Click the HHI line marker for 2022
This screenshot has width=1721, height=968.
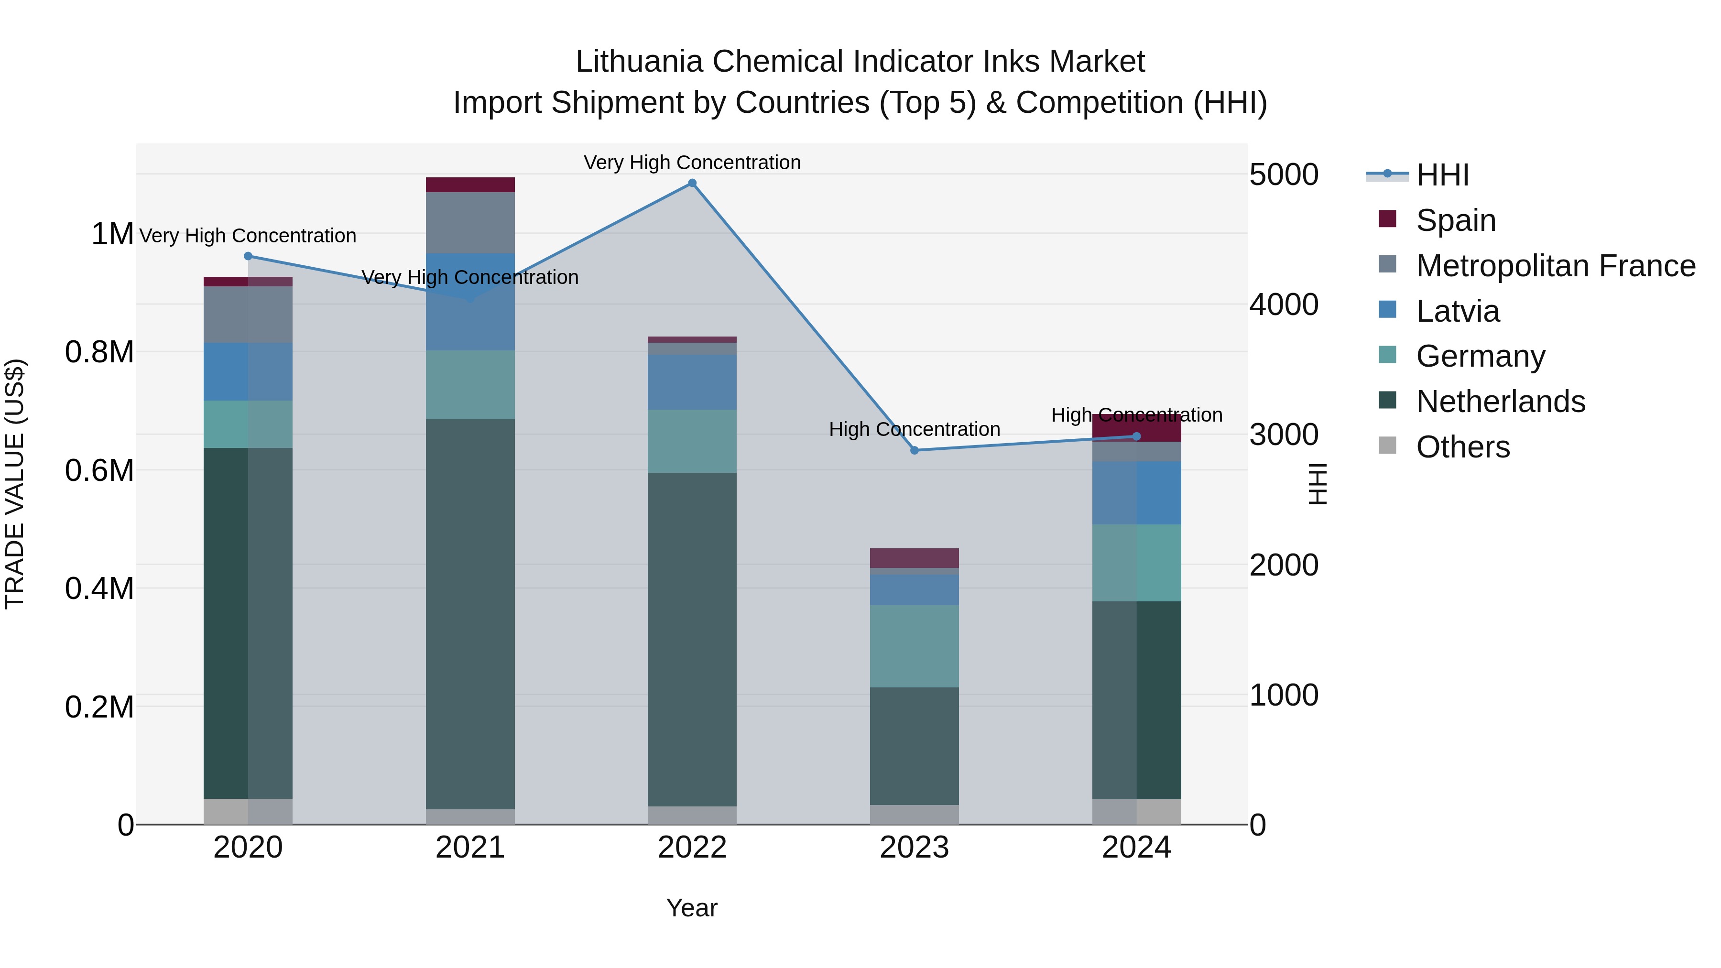[692, 183]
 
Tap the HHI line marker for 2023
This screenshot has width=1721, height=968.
[915, 450]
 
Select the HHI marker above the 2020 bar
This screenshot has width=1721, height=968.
[248, 256]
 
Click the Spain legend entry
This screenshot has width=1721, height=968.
[1455, 220]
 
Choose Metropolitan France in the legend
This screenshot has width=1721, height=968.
[1555, 266]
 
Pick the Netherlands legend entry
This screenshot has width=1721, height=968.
[1500, 402]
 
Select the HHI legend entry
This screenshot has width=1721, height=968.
[1442, 175]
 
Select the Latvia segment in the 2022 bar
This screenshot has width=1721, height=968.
[692, 382]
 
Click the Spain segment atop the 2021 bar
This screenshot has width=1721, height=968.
[470, 185]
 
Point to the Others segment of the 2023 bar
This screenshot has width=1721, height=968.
[914, 815]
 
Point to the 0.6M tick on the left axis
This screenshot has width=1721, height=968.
[99, 470]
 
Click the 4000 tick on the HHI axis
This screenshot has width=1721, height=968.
[1284, 305]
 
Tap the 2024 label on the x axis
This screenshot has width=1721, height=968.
[1136, 848]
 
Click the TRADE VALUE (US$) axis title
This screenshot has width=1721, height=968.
[15, 484]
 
